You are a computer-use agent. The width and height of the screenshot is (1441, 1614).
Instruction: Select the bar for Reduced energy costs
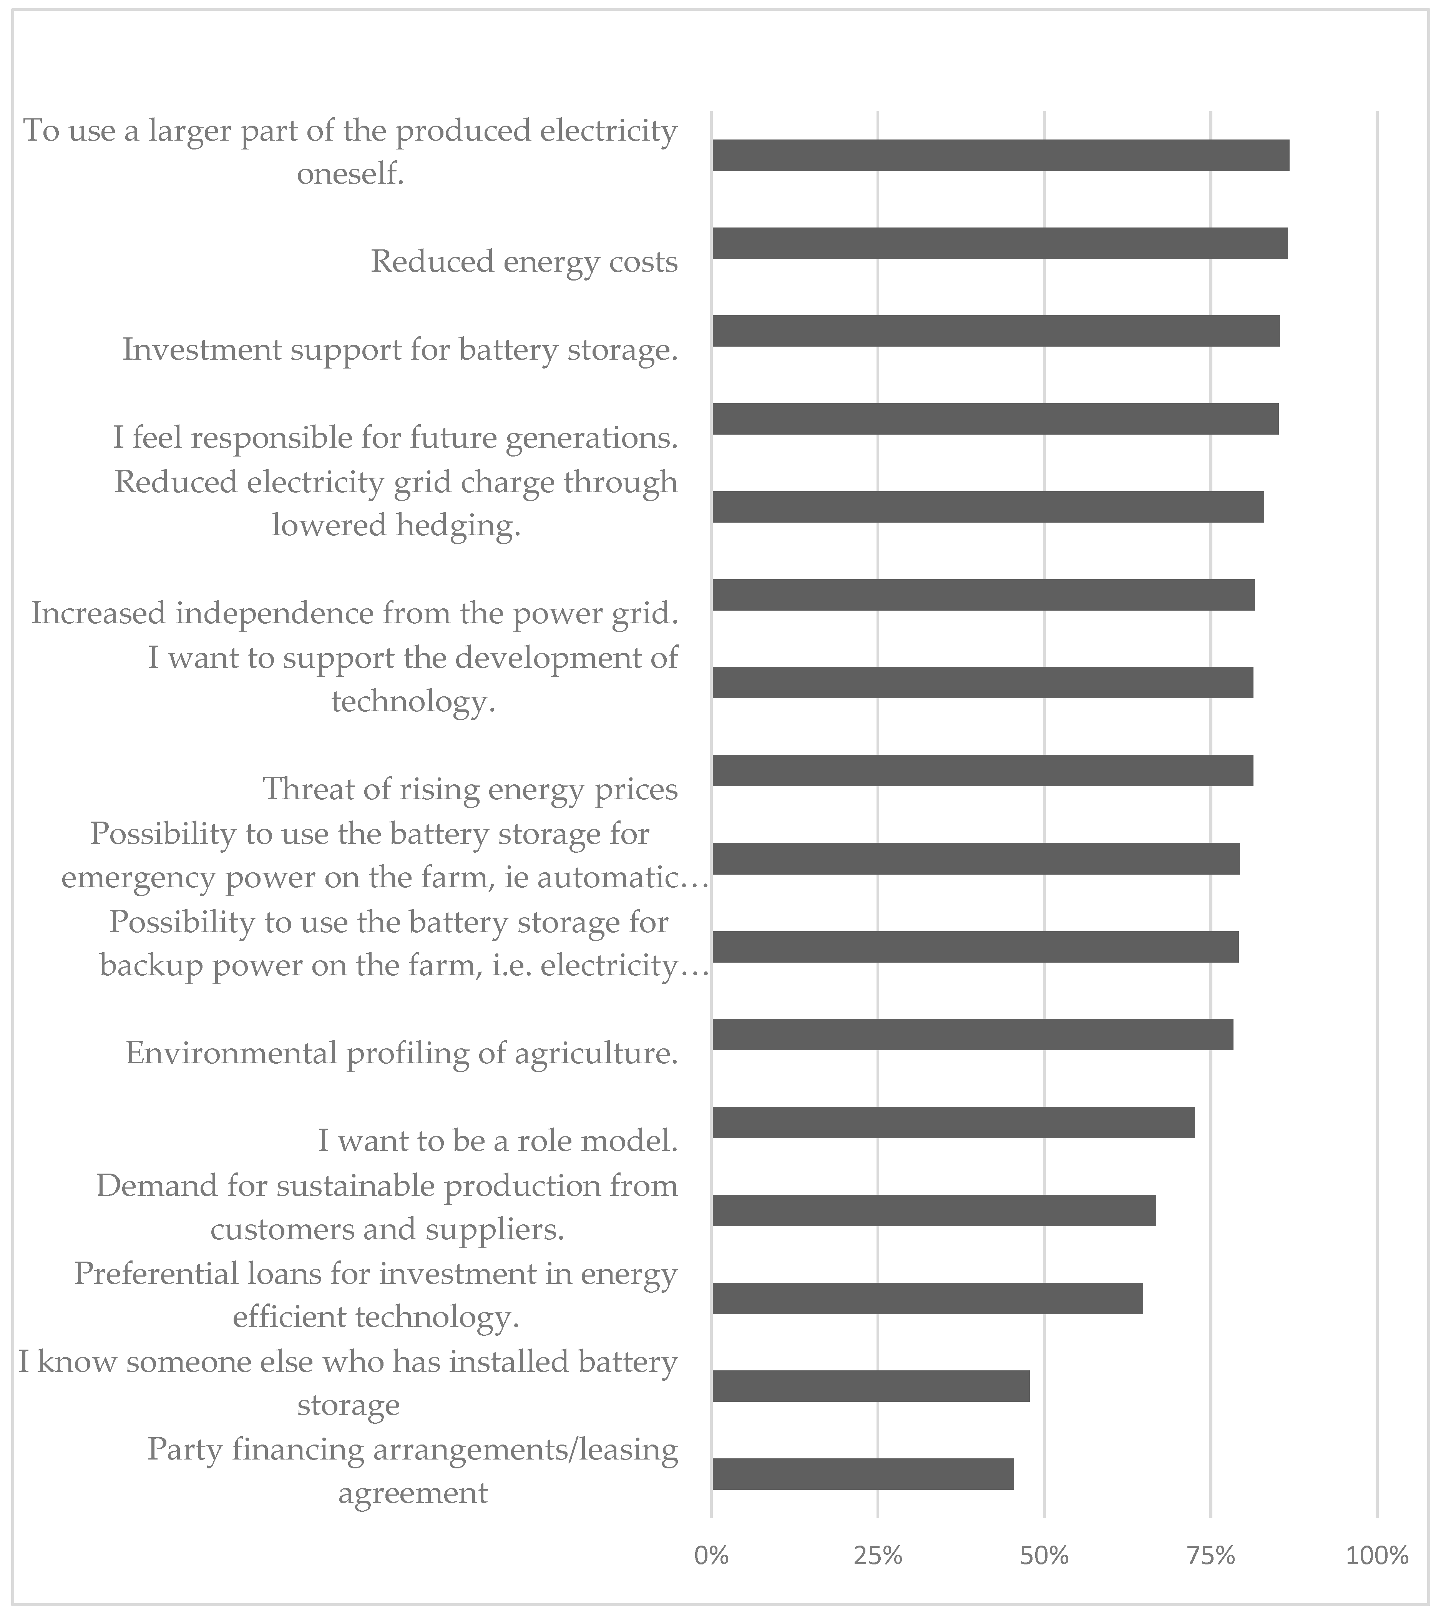point(999,243)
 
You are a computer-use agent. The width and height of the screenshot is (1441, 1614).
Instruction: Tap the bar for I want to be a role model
point(953,1122)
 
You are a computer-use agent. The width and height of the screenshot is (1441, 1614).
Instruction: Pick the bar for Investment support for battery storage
point(995,331)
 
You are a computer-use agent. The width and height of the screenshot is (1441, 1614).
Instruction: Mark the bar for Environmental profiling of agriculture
point(972,1034)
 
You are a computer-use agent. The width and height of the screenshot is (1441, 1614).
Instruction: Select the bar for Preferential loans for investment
point(927,1298)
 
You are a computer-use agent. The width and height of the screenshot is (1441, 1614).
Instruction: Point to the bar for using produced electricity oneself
point(1000,155)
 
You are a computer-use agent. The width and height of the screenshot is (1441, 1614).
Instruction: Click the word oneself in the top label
point(350,173)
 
